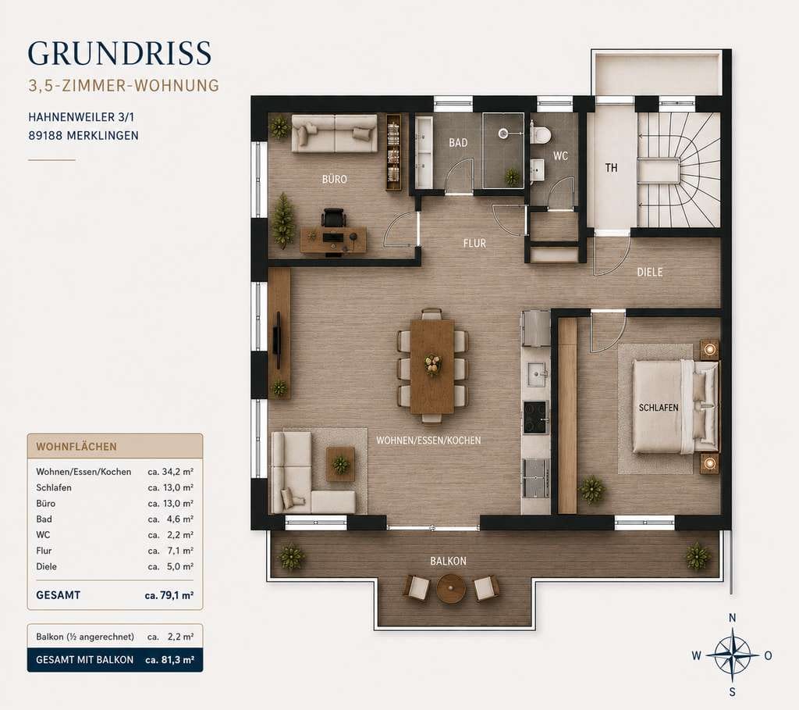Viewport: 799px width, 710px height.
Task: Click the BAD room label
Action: (458, 143)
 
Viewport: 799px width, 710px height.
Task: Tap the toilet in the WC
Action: (540, 134)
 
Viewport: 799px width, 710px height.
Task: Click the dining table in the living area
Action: (432, 366)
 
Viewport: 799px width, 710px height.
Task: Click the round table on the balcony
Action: (451, 589)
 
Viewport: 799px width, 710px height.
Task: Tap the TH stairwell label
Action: (611, 168)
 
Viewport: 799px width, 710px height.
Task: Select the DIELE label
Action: (650, 273)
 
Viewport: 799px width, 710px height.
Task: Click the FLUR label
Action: (474, 244)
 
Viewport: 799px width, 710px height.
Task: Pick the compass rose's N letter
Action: (732, 618)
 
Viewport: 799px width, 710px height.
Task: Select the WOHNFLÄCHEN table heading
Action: (76, 447)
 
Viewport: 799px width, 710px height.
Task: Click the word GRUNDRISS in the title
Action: (119, 53)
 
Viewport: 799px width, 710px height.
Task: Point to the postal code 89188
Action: (46, 136)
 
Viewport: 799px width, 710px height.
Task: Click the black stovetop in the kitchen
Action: (535, 417)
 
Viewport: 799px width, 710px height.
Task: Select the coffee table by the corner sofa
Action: (340, 464)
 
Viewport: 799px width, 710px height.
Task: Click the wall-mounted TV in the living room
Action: (277, 339)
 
